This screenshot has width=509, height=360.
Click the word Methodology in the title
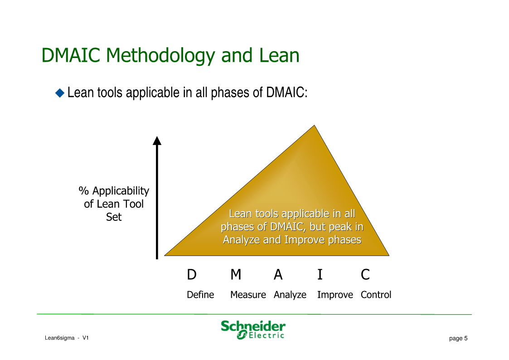(160, 56)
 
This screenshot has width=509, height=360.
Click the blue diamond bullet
(60, 93)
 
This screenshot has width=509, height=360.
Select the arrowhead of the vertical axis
(157, 141)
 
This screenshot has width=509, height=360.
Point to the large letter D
(192, 275)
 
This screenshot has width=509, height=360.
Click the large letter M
(236, 275)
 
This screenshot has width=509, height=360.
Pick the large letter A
(278, 275)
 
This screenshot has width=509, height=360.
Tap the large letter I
(320, 275)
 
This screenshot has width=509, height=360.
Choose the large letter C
(365, 275)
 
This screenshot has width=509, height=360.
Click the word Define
(200, 295)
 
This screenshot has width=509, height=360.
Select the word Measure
(248, 295)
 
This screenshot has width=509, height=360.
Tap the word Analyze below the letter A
(290, 295)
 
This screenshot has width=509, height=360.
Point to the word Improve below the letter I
(335, 295)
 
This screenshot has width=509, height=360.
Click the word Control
(376, 295)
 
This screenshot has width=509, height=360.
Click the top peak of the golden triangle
(314, 125)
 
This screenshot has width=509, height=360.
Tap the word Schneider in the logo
(253, 326)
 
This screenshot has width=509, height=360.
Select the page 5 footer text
(458, 338)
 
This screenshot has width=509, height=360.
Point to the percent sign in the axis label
(84, 191)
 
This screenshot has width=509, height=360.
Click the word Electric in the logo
(266, 336)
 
